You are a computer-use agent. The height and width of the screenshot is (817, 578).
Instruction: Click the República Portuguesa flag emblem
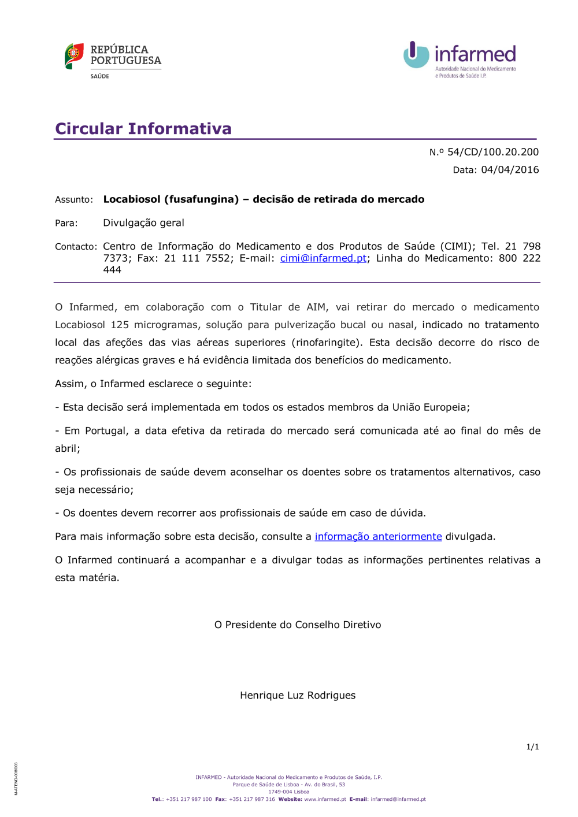click(x=74, y=56)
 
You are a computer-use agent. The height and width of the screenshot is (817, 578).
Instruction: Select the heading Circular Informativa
click(x=143, y=128)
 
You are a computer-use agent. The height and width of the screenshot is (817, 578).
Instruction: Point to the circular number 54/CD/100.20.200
click(x=492, y=152)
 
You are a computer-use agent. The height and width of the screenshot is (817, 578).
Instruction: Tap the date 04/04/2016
click(x=510, y=170)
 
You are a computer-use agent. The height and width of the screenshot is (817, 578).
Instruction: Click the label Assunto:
click(x=74, y=200)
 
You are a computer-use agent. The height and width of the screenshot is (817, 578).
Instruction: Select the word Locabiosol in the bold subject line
click(x=131, y=199)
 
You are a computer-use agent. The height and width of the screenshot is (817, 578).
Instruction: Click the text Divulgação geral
click(x=143, y=223)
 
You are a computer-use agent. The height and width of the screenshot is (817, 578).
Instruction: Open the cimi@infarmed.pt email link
click(x=323, y=258)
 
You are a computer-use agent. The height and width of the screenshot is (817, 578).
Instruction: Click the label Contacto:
click(x=76, y=247)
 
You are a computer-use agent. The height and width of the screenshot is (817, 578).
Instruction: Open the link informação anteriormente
click(x=378, y=537)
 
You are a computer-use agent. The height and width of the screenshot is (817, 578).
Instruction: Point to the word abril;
click(x=68, y=448)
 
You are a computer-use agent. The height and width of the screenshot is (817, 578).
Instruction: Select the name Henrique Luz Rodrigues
click(x=298, y=696)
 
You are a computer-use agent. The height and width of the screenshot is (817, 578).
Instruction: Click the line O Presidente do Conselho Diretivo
click(x=298, y=625)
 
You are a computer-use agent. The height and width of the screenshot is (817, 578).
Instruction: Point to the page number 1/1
click(x=532, y=747)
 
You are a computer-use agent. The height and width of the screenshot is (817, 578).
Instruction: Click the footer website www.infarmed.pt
click(x=325, y=800)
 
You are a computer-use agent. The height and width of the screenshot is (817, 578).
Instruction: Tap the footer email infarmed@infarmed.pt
click(x=398, y=800)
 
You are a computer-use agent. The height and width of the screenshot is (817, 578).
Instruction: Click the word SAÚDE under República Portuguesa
click(x=99, y=76)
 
